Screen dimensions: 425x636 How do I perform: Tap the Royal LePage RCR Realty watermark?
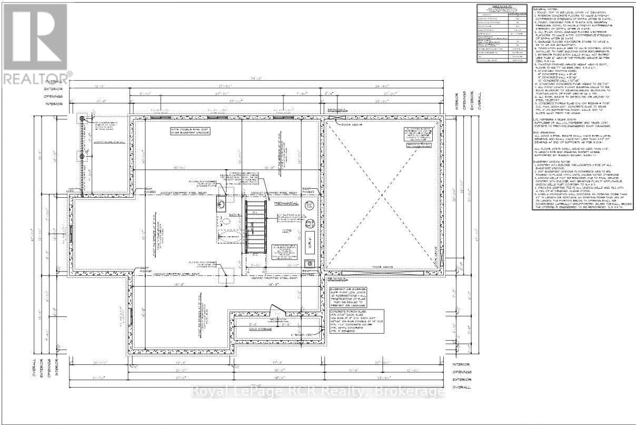pyautogui.click(x=317, y=392)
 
